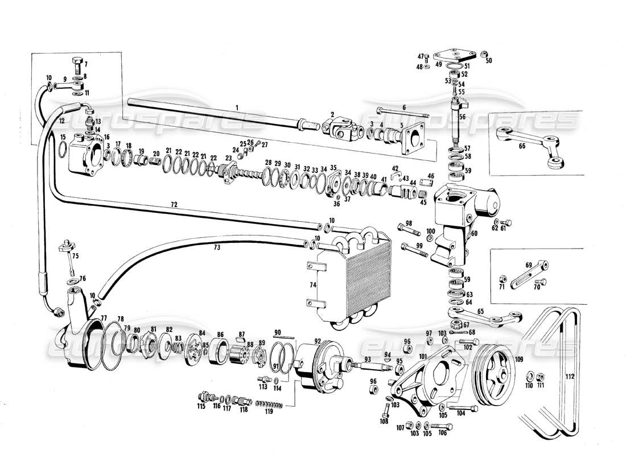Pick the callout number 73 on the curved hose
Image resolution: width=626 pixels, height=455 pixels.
pos(217,247)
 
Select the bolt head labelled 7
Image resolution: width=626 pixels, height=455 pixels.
pos(78,63)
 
